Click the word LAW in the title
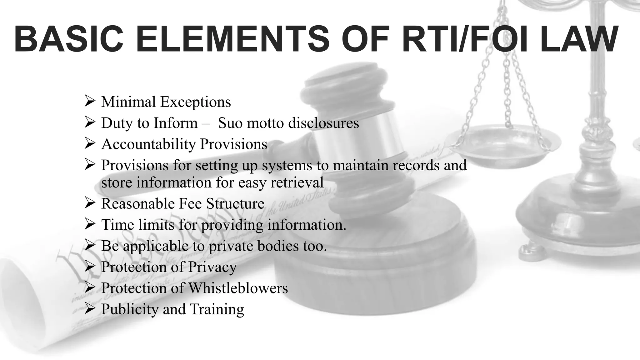pyautogui.click(x=578, y=39)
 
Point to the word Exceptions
pyautogui.click(x=196, y=102)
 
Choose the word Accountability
pyautogui.click(x=148, y=144)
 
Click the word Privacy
pyautogui.click(x=212, y=267)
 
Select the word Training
pyautogui.click(x=217, y=309)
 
